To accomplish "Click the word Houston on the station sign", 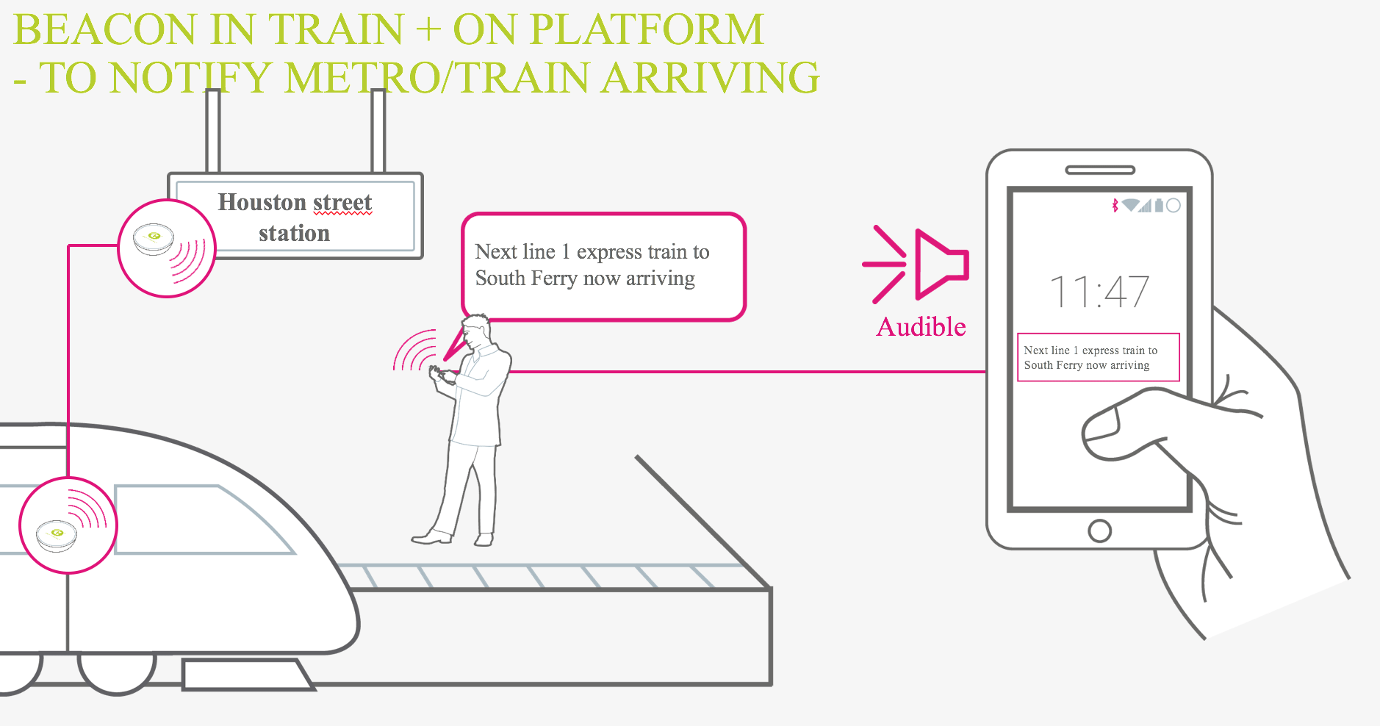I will [x=262, y=202].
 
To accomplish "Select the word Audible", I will [x=921, y=327].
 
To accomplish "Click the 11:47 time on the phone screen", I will [x=1099, y=292].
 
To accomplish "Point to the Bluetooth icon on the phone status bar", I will [x=1115, y=206].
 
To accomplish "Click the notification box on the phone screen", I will [x=1098, y=358].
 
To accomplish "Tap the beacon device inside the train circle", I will [x=57, y=534].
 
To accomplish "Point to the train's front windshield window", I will [x=198, y=519].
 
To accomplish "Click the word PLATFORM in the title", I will [x=647, y=30].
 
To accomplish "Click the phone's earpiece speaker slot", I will [x=1099, y=170].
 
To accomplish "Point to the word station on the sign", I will [x=294, y=234].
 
